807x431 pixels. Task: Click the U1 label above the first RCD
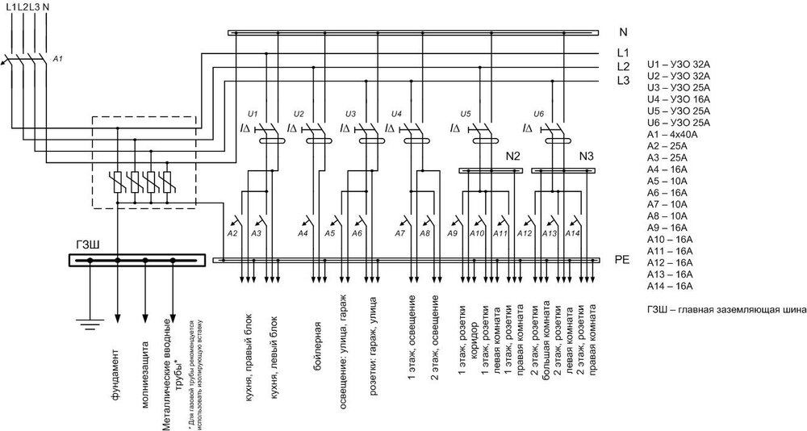253,113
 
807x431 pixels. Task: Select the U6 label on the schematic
539,113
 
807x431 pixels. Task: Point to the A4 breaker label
303,233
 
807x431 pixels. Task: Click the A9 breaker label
454,233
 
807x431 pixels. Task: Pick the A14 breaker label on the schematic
573,233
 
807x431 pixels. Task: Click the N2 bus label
513,155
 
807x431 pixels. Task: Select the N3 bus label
587,155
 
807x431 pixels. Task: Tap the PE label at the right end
622,261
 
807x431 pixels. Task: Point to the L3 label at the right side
623,81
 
